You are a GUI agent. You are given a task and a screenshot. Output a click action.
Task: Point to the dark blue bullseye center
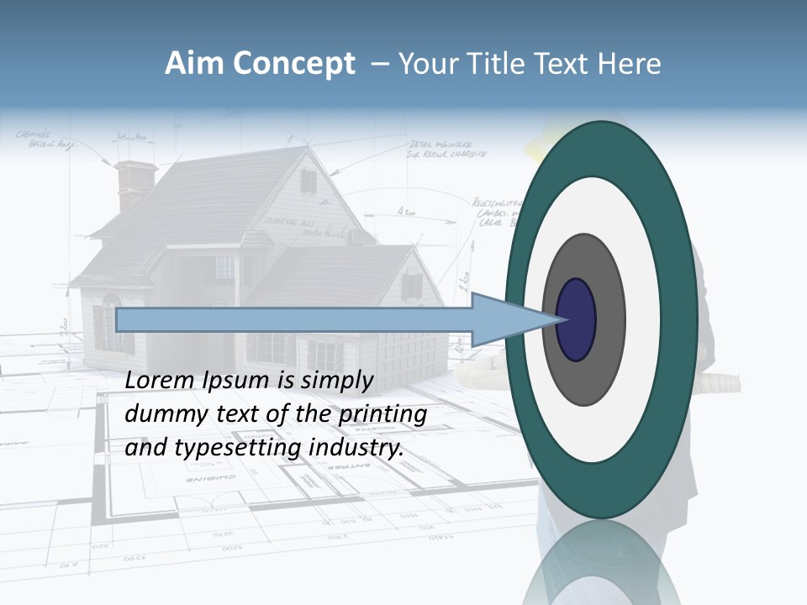(x=577, y=319)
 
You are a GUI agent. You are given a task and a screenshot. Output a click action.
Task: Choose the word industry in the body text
(x=356, y=448)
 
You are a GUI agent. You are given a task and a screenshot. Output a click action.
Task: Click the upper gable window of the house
(x=309, y=181)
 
